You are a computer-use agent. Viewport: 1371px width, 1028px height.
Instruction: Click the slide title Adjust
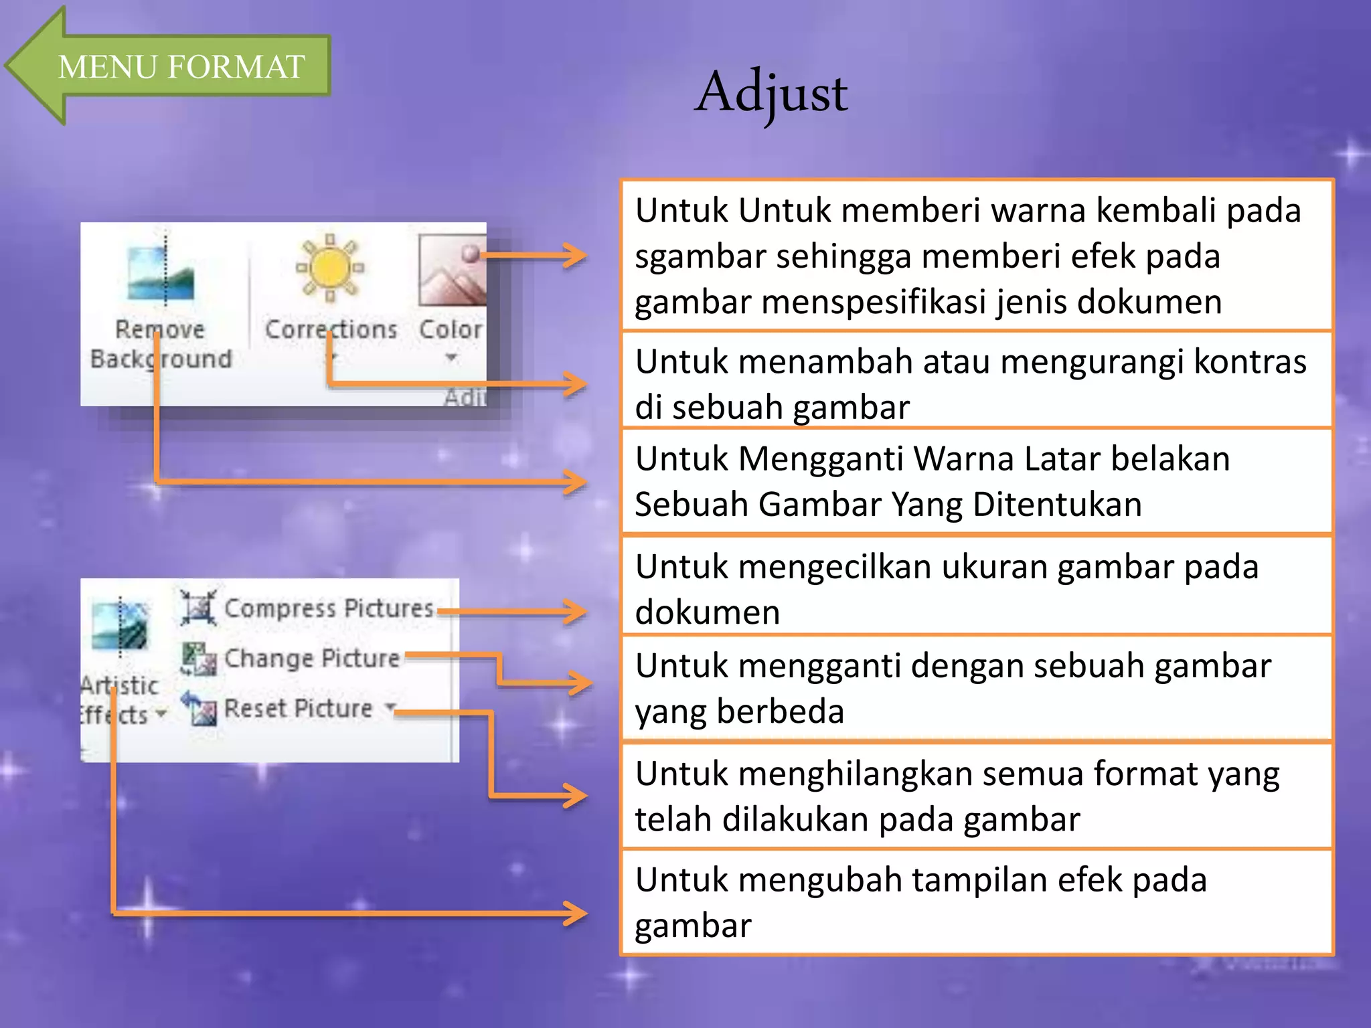pyautogui.click(x=771, y=92)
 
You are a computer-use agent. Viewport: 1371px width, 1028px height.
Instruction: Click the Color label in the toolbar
pyautogui.click(x=450, y=329)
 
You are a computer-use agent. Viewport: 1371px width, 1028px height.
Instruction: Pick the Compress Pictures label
pyautogui.click(x=328, y=608)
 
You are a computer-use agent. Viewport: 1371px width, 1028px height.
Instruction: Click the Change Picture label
pyautogui.click(x=311, y=659)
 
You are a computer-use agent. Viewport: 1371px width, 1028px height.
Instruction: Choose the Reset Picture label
pyautogui.click(x=298, y=708)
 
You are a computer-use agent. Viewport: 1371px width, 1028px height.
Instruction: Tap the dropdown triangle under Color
pyautogui.click(x=451, y=357)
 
